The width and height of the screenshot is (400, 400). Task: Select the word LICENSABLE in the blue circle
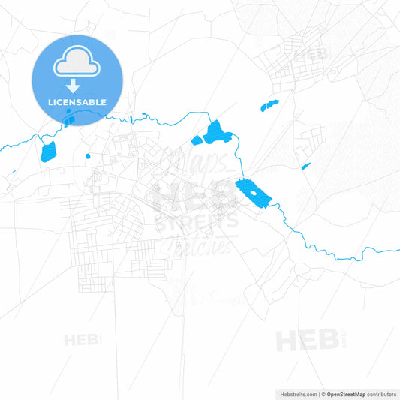coord(77,102)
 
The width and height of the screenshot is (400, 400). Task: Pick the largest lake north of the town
coord(215,133)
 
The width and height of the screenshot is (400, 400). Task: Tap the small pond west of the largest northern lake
coord(197,140)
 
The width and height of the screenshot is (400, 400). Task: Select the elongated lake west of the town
coord(48,151)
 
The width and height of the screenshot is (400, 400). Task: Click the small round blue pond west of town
coord(88,156)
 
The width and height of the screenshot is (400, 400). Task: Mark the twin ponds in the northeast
coord(269,105)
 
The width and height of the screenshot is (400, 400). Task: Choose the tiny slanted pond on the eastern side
coord(305,166)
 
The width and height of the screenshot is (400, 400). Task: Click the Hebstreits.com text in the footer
coord(297,393)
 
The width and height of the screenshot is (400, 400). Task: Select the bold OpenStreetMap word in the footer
coord(346,393)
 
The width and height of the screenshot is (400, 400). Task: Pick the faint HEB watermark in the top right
coord(311,54)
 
